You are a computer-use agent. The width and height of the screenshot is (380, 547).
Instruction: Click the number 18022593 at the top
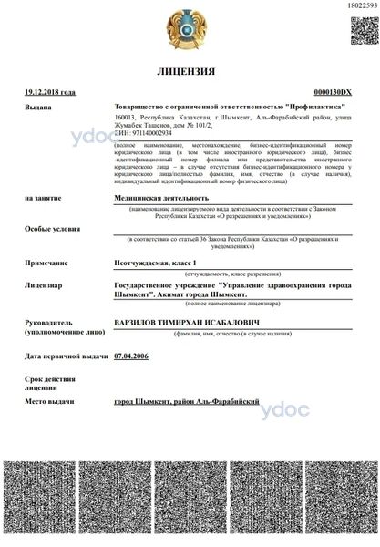click(x=358, y=6)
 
